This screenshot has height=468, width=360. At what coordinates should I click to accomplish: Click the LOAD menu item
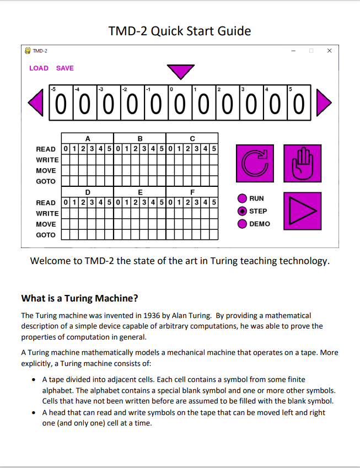[39, 68]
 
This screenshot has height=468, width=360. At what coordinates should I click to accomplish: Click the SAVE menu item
[65, 68]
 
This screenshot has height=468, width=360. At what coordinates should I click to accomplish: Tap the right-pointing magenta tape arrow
[324, 102]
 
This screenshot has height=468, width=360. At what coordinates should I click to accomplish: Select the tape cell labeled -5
[61, 103]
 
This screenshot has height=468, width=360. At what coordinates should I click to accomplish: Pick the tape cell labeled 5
[299, 103]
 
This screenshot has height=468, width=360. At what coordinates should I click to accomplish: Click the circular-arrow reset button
[255, 163]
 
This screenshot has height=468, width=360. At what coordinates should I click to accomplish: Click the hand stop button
[302, 163]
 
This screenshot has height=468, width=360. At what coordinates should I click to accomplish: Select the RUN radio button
[242, 198]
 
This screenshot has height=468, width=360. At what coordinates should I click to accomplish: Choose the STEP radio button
[242, 211]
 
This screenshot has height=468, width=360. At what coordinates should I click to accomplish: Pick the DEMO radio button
[242, 224]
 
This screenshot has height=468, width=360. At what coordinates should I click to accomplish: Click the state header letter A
[88, 138]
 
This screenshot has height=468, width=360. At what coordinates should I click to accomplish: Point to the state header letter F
[192, 192]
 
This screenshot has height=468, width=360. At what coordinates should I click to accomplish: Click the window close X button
[329, 51]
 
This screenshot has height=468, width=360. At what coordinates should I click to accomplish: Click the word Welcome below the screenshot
[51, 261]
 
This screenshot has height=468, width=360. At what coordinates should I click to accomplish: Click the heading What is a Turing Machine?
[79, 299]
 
